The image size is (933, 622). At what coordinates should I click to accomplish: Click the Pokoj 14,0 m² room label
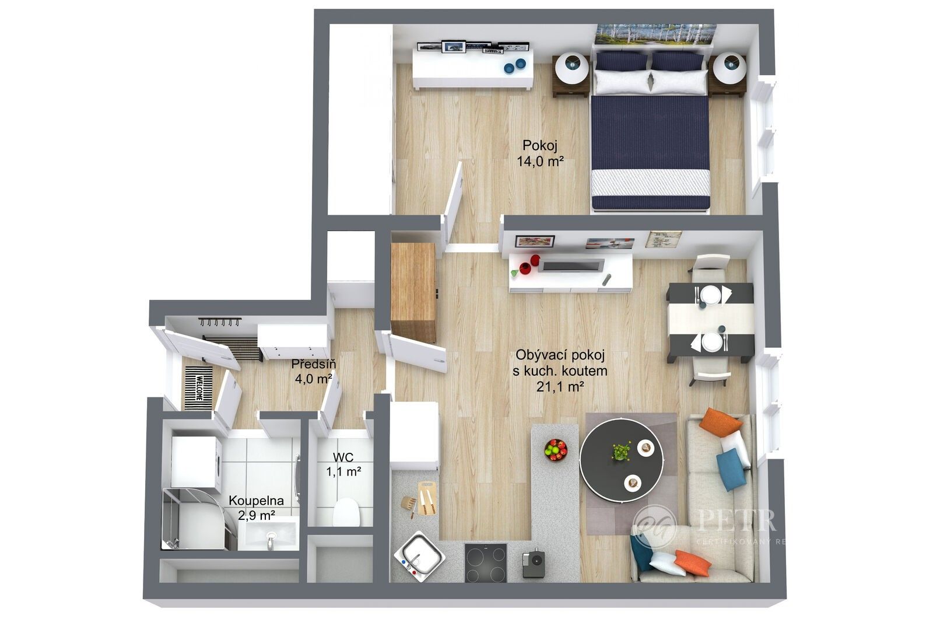(x=539, y=153)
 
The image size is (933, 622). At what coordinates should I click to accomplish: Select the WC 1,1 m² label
(x=343, y=464)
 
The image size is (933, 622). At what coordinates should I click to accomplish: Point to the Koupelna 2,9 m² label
(x=256, y=508)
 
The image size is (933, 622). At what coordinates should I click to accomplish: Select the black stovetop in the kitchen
(x=485, y=562)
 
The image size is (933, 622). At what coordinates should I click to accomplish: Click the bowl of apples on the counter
(x=556, y=449)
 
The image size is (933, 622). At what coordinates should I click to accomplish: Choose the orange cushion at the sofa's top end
(x=720, y=421)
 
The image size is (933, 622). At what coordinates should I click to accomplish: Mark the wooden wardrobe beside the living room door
(x=413, y=292)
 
